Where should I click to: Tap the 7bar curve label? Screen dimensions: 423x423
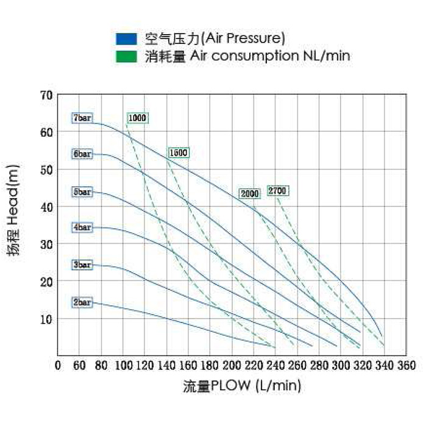tap(82, 118)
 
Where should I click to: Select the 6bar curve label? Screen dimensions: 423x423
tap(82, 155)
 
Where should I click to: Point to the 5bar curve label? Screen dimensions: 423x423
tap(82, 192)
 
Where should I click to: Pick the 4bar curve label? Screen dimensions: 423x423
tap(82, 228)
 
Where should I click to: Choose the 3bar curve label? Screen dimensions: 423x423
tap(82, 265)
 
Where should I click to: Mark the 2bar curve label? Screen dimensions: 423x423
tap(82, 302)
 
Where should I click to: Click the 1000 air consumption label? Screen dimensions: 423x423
tap(137, 118)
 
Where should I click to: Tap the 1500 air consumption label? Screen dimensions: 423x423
tap(178, 153)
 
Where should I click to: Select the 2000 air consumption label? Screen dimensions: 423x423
tap(249, 194)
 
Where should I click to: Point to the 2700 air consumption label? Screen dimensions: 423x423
tap(277, 191)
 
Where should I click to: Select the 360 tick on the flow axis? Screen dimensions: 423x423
tap(406, 366)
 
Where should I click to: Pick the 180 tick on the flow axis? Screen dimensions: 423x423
tap(210, 366)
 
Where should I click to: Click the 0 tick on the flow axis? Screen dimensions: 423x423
tap(58, 366)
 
